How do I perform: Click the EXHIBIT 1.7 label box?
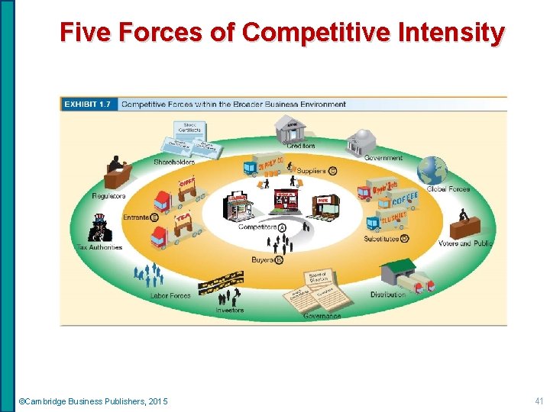pos(89,104)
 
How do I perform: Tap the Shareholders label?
pos(174,162)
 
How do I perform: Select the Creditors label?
pos(300,146)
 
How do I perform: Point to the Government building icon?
pos(360,143)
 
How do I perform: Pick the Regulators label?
pos(108,196)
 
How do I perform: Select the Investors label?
pos(230,310)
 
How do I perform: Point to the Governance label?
pos(322,315)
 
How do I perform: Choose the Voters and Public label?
pos(465,244)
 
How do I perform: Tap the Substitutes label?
pos(381,238)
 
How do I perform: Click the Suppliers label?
pos(311,171)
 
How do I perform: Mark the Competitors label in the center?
pos(257,227)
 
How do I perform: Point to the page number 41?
pos(539,401)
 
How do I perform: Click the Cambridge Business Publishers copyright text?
pos(93,401)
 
